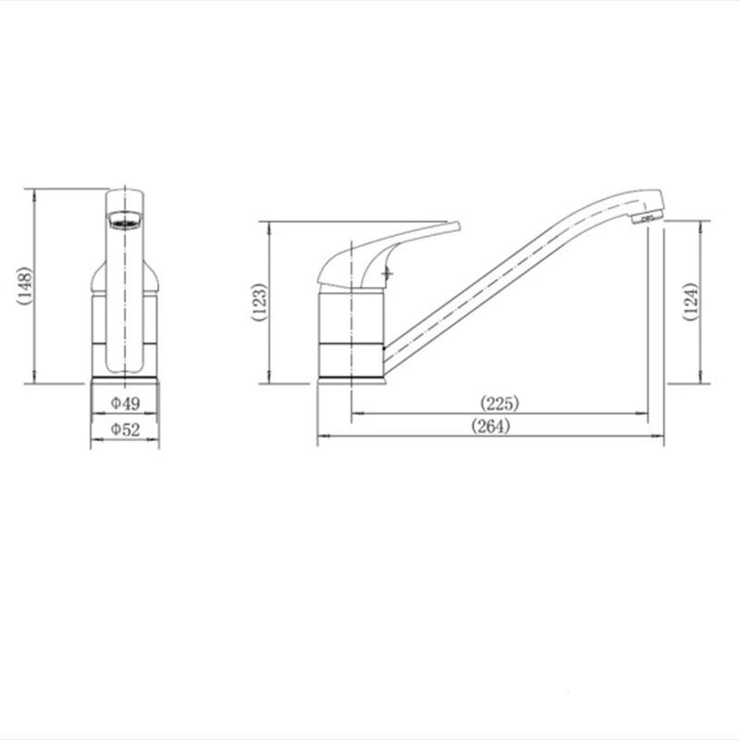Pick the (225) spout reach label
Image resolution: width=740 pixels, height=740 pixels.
(499, 403)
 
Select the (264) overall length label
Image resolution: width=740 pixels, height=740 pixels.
(490, 426)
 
